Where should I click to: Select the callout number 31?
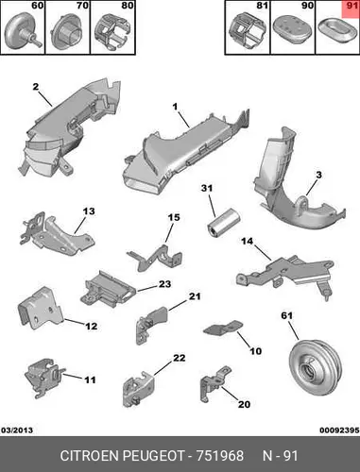tap(207, 188)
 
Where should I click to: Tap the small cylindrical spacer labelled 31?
tap(224, 223)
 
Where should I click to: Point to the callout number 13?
tap(89, 211)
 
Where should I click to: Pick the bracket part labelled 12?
tap(41, 308)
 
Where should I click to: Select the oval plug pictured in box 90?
tap(293, 29)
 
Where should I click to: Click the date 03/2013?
tap(17, 430)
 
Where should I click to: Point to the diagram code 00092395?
tap(339, 430)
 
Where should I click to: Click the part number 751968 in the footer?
tap(220, 456)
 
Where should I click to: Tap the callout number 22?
tap(180, 358)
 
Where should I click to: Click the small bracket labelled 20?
tap(214, 384)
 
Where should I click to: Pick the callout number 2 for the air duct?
tap(36, 86)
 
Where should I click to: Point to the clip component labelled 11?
tap(44, 376)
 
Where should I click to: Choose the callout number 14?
tap(248, 241)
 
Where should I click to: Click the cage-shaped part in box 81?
tap(248, 30)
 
